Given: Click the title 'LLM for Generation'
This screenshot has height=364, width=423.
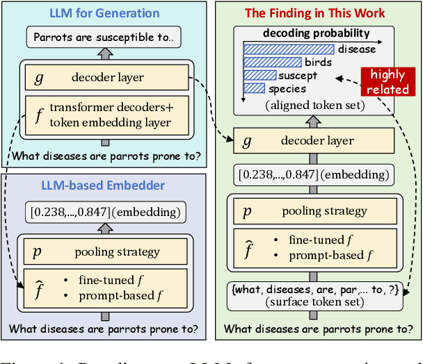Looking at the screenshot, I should pos(104,13).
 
